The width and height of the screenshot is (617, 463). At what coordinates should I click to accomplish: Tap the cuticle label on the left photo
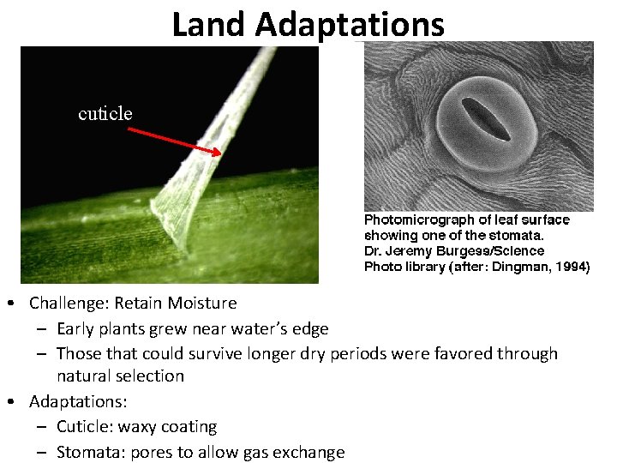(105, 114)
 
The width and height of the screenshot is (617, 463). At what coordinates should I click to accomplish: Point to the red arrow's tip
(220, 153)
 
